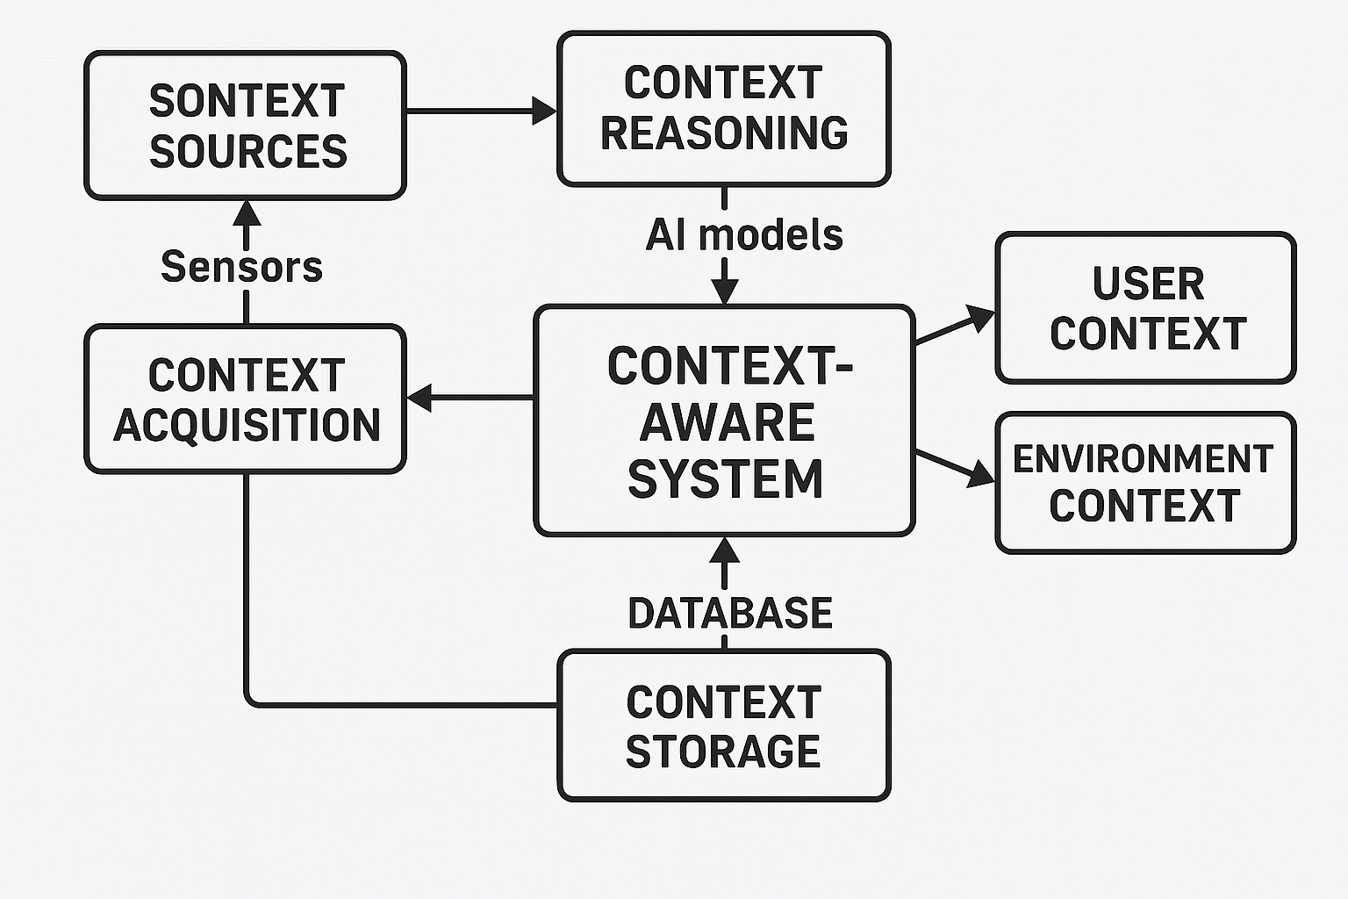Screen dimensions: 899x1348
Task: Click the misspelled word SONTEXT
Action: point(247,101)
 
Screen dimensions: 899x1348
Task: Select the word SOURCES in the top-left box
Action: point(248,151)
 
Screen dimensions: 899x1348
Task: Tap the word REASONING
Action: point(724,133)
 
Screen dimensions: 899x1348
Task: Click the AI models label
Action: point(744,235)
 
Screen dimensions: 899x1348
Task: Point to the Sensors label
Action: point(242,267)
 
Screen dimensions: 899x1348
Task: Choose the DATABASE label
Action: point(729,613)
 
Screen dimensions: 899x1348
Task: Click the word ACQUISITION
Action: point(247,426)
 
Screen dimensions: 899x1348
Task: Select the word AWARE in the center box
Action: point(727,423)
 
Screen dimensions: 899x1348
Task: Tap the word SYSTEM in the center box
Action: point(726,479)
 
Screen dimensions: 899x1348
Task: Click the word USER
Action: point(1148,284)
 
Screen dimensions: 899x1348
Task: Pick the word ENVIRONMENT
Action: point(1143,458)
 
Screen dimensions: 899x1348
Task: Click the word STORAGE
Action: point(723,752)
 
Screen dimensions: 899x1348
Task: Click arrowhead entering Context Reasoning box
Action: point(545,111)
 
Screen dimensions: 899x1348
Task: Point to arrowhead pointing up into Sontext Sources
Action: point(246,212)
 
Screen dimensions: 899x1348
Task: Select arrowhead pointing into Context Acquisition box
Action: point(420,398)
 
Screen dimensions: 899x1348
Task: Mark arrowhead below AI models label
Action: point(724,291)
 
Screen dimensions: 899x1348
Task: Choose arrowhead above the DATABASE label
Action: point(724,550)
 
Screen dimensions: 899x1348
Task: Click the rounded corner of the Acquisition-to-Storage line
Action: point(251,699)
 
